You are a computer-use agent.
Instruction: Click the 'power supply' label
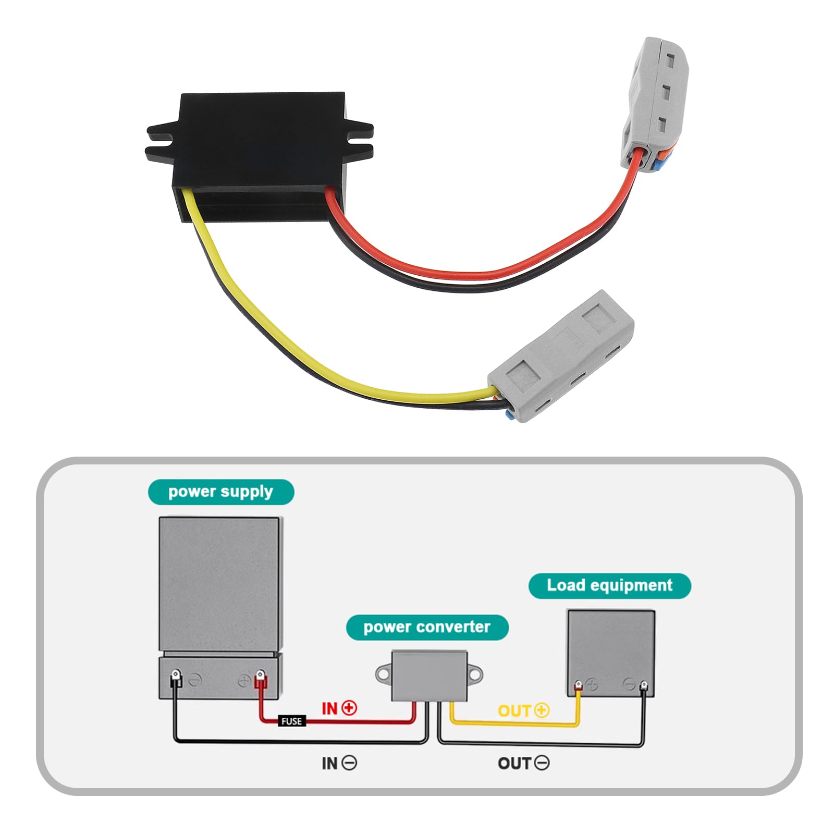point(220,492)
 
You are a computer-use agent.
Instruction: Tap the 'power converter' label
point(427,627)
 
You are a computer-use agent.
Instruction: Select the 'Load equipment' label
point(609,585)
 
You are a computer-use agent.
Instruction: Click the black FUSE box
point(291,721)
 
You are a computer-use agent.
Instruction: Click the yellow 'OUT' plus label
point(523,710)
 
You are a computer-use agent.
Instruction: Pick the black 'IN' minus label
point(339,763)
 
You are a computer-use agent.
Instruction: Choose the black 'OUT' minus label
point(523,763)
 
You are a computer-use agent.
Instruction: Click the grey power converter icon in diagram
point(429,676)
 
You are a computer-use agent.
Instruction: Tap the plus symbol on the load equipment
point(592,684)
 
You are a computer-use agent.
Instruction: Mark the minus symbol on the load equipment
point(629,684)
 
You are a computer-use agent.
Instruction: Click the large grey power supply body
point(220,584)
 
